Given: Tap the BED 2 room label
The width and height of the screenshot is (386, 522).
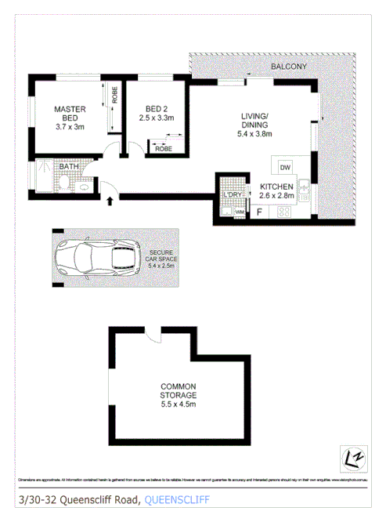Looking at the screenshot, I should click(x=155, y=109).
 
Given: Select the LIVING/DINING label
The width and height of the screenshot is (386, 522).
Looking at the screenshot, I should click(x=254, y=121).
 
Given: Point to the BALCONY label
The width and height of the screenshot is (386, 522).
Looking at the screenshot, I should click(x=289, y=67).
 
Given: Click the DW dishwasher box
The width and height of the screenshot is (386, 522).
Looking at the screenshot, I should click(x=285, y=167).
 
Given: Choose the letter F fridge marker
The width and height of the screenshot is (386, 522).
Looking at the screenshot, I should click(x=259, y=211).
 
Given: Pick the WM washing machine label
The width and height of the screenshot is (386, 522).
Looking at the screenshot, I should click(x=239, y=212).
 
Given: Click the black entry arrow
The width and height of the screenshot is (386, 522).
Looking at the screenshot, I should click(x=110, y=202).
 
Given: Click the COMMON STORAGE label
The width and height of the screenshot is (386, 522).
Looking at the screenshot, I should click(x=178, y=390).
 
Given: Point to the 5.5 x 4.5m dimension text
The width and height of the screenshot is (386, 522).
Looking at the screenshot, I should click(x=178, y=404).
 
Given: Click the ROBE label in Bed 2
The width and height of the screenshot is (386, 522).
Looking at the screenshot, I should click(x=163, y=148).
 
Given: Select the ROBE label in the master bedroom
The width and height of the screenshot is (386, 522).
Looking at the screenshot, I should click(x=114, y=96).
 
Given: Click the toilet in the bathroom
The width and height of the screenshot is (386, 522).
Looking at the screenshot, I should click(x=60, y=185).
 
